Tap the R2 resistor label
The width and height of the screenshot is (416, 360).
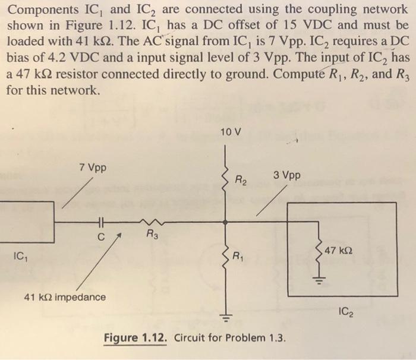(x=241, y=179)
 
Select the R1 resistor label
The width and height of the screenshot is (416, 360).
(x=238, y=257)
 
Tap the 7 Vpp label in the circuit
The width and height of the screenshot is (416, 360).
(x=93, y=168)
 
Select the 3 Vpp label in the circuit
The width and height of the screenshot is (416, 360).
(x=287, y=175)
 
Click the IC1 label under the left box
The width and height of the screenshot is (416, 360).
(x=19, y=257)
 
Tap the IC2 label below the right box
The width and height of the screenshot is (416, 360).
(x=348, y=310)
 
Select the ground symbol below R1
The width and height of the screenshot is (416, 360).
(x=225, y=314)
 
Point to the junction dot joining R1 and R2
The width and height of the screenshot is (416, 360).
(x=225, y=222)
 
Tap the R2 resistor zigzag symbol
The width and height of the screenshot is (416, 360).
(x=225, y=176)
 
